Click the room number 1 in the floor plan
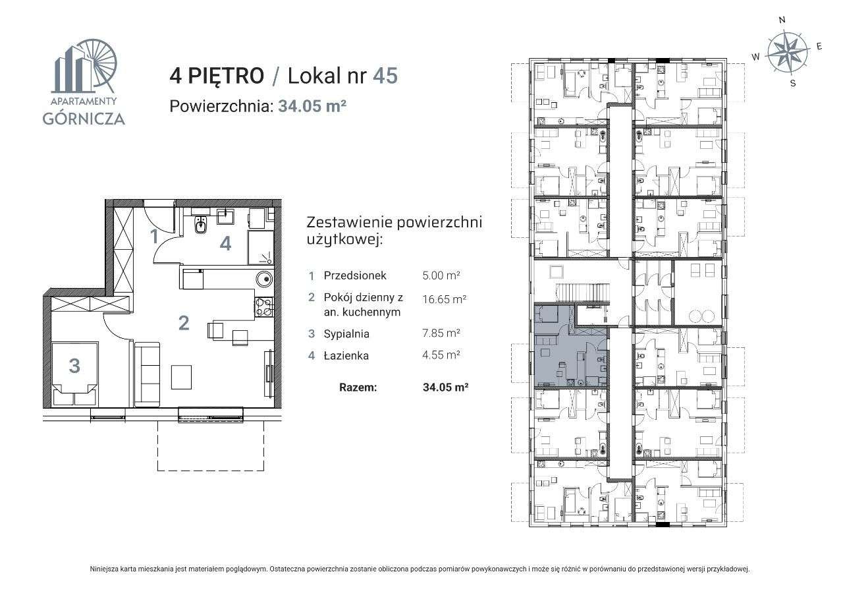pyautogui.click(x=155, y=236)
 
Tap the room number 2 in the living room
pyautogui.click(x=184, y=323)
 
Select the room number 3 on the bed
pyautogui.click(x=74, y=365)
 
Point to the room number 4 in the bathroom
pyautogui.click(x=225, y=244)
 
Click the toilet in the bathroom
pyautogui.click(x=201, y=226)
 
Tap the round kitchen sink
pyautogui.click(x=264, y=278)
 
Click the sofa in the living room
pyautogui.click(x=147, y=374)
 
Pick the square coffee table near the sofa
pyautogui.click(x=182, y=377)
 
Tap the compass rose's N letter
pyautogui.click(x=782, y=20)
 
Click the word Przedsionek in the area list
pyautogui.click(x=355, y=275)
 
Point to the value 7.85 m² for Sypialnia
pyautogui.click(x=441, y=333)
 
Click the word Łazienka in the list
pyautogui.click(x=346, y=356)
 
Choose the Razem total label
pyautogui.click(x=358, y=388)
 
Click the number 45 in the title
pyautogui.click(x=385, y=76)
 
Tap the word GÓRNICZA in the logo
pyautogui.click(x=83, y=119)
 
